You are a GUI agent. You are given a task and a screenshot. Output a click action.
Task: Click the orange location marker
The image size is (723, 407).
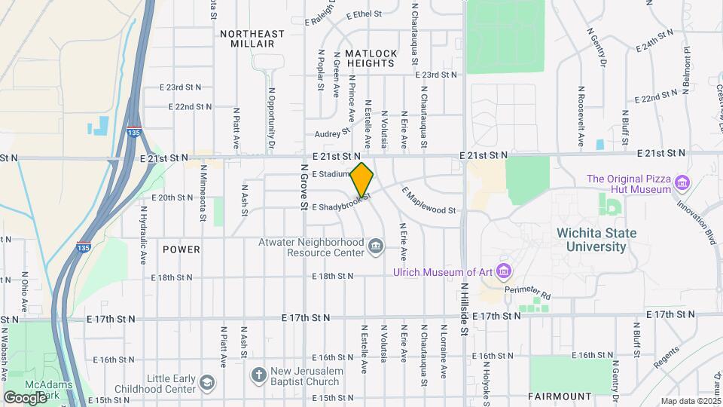[x=361, y=179]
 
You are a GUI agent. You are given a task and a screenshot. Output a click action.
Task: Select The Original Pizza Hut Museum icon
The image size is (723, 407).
[x=683, y=182]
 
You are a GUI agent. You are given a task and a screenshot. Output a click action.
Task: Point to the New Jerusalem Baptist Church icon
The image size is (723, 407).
[x=258, y=375]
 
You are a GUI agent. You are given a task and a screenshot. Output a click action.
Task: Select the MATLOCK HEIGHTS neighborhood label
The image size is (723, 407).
[x=371, y=59]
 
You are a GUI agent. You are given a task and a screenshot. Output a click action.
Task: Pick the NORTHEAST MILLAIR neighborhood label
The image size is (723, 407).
[x=252, y=39]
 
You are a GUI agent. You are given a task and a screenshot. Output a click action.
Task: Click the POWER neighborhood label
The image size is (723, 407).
[x=182, y=249]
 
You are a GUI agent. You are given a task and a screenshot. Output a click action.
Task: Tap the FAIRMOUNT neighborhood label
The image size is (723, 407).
[x=560, y=396]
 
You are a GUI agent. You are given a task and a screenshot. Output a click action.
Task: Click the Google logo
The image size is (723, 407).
[x=25, y=397]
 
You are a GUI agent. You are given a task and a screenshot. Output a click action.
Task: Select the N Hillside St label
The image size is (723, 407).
[x=465, y=309]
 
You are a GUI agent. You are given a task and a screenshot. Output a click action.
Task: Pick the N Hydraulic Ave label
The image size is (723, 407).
[x=142, y=234]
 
